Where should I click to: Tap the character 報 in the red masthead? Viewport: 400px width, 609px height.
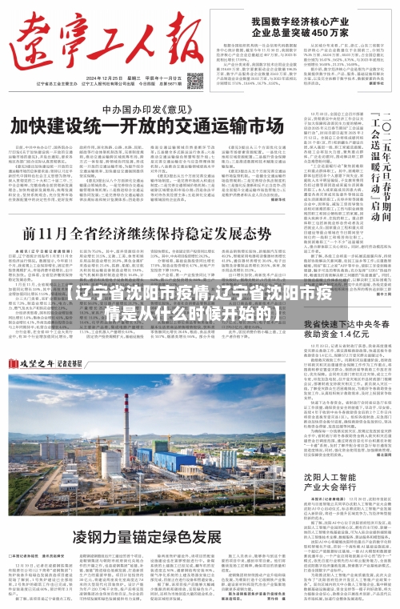(174, 37)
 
